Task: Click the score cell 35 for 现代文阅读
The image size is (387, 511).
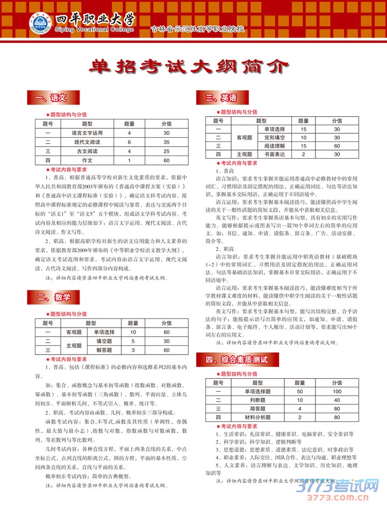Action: (x=166, y=142)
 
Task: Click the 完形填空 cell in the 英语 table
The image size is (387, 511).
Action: (x=275, y=138)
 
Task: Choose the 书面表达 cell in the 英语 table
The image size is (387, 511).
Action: (x=275, y=154)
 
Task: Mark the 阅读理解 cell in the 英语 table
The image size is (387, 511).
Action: (x=275, y=146)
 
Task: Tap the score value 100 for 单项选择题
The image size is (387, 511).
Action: (x=337, y=392)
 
